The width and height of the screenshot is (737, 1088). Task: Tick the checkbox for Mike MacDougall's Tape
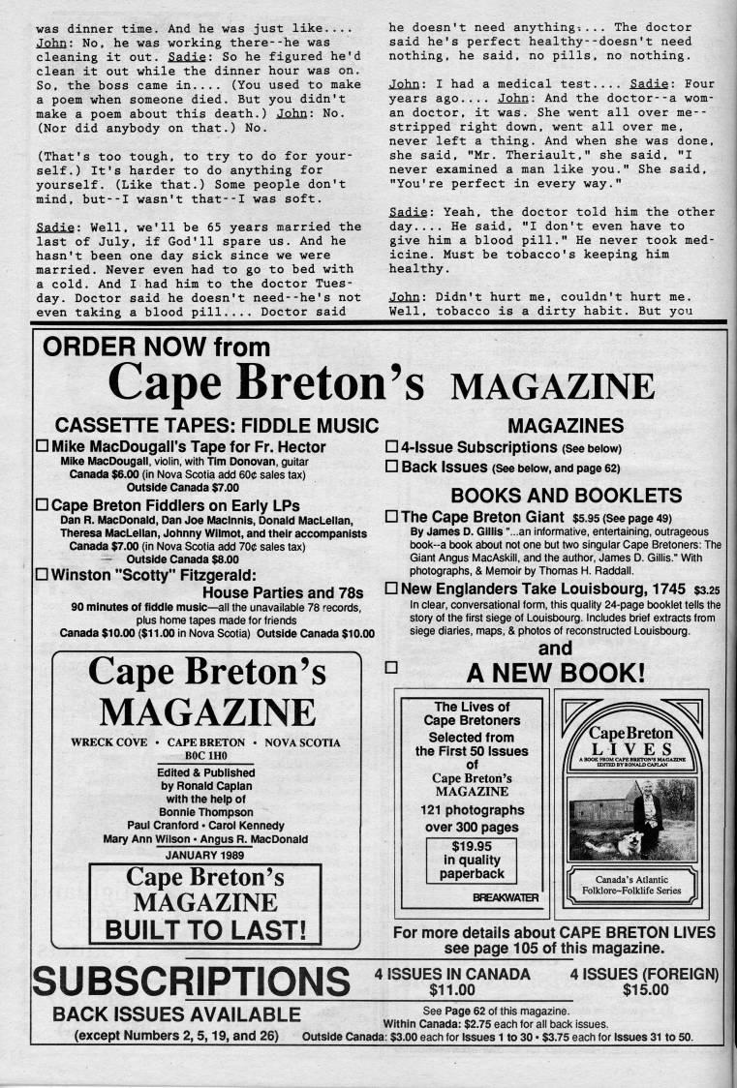(x=42, y=447)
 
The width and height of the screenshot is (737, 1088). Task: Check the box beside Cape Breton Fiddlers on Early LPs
(x=42, y=505)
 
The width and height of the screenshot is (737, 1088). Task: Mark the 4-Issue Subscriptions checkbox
(x=392, y=447)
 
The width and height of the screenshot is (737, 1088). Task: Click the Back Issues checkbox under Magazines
(x=392, y=467)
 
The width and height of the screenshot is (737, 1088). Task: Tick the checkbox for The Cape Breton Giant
(x=392, y=516)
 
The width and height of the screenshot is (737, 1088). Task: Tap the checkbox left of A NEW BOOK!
(x=392, y=667)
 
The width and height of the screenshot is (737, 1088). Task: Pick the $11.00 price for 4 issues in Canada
(x=451, y=989)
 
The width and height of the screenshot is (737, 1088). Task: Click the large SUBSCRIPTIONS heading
(x=190, y=981)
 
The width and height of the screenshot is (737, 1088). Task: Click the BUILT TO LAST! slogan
(x=205, y=930)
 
